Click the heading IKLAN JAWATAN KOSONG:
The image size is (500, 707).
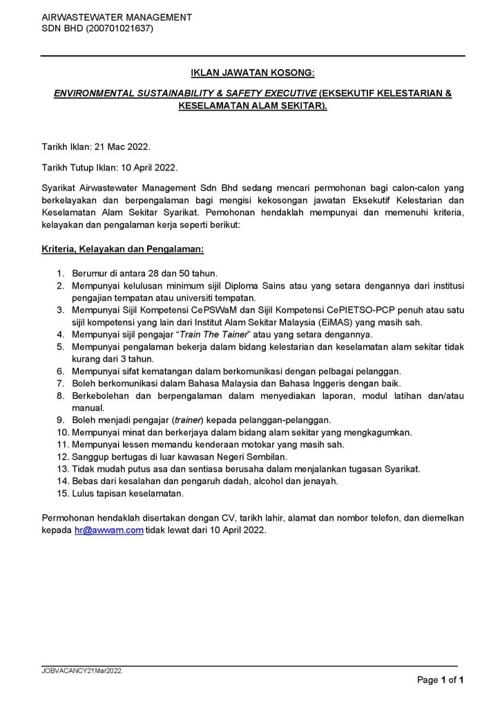click(x=253, y=72)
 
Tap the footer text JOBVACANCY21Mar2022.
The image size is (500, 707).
click(x=82, y=670)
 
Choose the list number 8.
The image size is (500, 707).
click(x=61, y=396)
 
